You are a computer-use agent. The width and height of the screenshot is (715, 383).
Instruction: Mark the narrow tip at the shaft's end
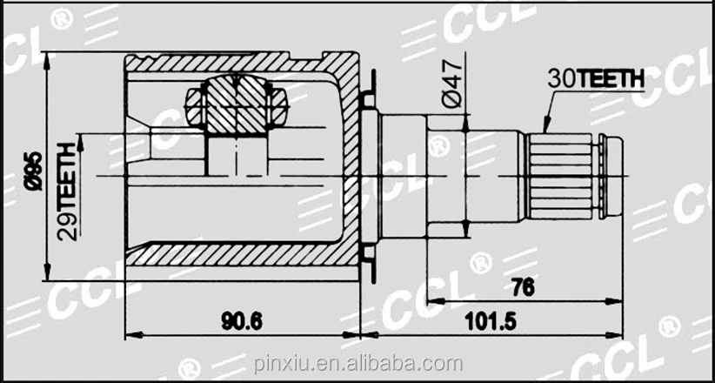[x=613, y=175]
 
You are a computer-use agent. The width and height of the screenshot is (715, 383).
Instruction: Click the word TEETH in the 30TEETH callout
[x=612, y=78]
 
